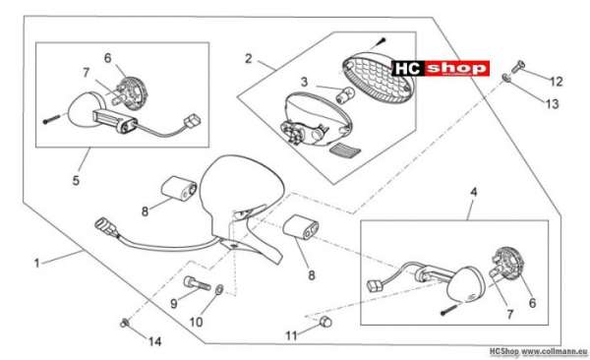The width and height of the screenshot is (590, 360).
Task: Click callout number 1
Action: [36, 264]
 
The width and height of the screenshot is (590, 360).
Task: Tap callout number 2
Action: [249, 59]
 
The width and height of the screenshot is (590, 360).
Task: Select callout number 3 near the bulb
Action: [304, 82]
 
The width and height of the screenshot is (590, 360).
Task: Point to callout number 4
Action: [474, 192]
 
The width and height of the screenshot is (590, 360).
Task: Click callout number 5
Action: [76, 180]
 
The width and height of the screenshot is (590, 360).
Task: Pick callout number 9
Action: [173, 304]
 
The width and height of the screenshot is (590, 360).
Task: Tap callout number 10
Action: [196, 322]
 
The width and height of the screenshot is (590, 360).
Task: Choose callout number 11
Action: [291, 335]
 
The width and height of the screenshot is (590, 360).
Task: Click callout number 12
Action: [557, 82]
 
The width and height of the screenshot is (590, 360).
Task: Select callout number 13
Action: [553, 104]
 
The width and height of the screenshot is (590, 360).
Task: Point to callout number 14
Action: [154, 341]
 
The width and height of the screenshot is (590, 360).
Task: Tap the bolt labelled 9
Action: [198, 283]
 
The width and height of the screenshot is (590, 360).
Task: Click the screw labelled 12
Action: [518, 66]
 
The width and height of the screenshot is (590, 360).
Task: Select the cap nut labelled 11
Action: [325, 322]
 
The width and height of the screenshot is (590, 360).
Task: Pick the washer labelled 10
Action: [219, 289]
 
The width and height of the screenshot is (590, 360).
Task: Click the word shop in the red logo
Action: [457, 68]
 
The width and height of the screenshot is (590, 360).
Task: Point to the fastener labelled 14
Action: [125, 323]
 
